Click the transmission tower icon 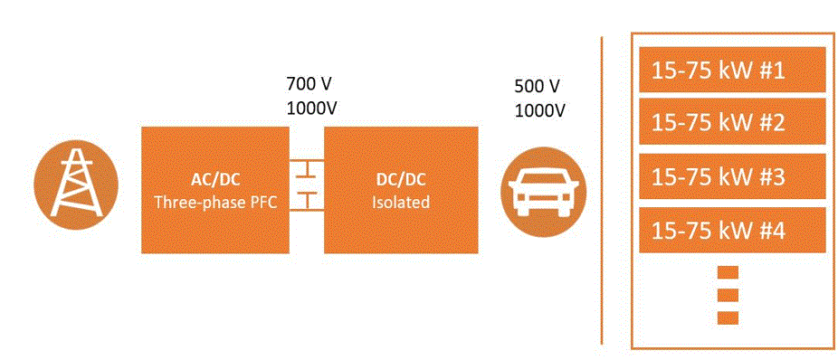[x=75, y=185]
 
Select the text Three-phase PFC [x=215, y=203]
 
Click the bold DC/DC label [x=401, y=180]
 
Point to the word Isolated [x=401, y=203]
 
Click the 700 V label [x=312, y=84]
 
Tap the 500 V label [x=540, y=86]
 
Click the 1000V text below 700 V [x=312, y=108]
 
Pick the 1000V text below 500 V [x=540, y=110]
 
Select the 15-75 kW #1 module [x=732, y=70]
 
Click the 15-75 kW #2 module [x=732, y=122]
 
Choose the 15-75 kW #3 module [x=732, y=176]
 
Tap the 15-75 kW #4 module [x=732, y=231]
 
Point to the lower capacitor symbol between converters [x=307, y=199]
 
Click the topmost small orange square [x=728, y=272]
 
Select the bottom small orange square [x=728, y=317]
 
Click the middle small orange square [x=728, y=295]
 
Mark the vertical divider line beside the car [x=602, y=191]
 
